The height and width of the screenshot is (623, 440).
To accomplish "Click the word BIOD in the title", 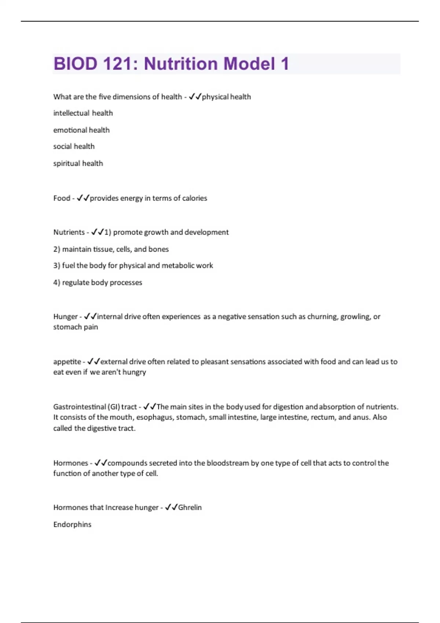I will click(x=75, y=64).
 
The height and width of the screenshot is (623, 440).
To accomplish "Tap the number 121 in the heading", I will click(x=119, y=64).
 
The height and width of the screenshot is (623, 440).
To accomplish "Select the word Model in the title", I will click(x=249, y=64).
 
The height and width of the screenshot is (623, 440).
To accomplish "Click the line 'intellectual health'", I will click(x=83, y=113).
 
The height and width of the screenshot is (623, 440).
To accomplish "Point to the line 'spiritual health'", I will click(x=78, y=163).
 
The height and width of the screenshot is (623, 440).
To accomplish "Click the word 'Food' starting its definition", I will click(x=62, y=198).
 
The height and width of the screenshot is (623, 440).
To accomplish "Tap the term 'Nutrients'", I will click(x=69, y=232).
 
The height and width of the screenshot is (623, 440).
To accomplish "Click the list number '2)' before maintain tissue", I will click(x=57, y=249).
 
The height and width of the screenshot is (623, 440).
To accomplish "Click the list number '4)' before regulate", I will click(x=57, y=283).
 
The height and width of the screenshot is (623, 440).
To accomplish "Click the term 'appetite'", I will click(x=67, y=362).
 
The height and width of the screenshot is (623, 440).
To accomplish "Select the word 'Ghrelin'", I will click(x=190, y=508).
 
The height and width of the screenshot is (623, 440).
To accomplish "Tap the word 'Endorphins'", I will click(x=72, y=524).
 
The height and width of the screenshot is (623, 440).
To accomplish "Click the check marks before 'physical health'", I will click(x=195, y=97).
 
